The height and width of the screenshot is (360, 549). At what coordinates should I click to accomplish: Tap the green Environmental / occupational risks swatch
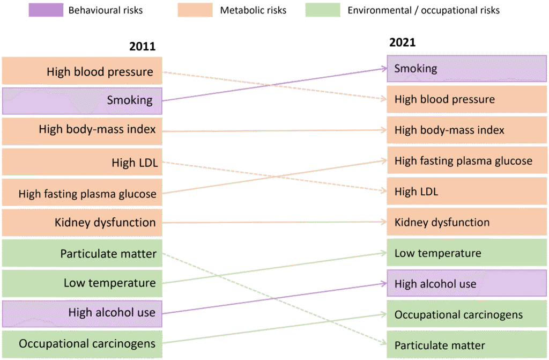[x=323, y=10]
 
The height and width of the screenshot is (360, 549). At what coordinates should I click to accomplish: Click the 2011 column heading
[x=142, y=47]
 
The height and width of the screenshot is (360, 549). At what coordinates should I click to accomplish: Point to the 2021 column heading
[x=402, y=42]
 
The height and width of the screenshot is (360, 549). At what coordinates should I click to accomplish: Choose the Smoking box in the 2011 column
[x=82, y=100]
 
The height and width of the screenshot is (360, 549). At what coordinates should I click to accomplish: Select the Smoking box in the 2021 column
[x=467, y=69]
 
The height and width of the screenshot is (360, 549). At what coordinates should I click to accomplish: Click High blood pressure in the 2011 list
[x=82, y=71]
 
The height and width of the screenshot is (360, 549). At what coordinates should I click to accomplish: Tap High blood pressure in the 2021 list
[x=467, y=99]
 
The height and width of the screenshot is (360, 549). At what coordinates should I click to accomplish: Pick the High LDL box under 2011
[x=82, y=162]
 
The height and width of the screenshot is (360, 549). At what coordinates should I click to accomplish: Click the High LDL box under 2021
[x=467, y=192]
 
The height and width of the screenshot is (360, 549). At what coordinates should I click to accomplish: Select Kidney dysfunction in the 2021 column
[x=467, y=222]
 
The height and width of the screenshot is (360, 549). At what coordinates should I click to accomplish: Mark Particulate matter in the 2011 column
[x=82, y=254]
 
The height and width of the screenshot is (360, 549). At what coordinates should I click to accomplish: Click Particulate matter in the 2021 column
[x=467, y=345]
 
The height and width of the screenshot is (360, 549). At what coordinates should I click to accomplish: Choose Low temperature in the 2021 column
[x=467, y=253]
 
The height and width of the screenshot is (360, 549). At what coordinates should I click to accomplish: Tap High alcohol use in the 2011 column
[x=82, y=313]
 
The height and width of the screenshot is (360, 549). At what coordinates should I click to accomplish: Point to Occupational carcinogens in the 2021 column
[x=467, y=314]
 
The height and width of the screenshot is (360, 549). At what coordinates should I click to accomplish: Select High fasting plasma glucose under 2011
[x=82, y=194]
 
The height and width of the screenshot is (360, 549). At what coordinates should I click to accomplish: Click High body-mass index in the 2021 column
[x=467, y=130]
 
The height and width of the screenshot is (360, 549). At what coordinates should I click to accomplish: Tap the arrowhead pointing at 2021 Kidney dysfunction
[x=383, y=222]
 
